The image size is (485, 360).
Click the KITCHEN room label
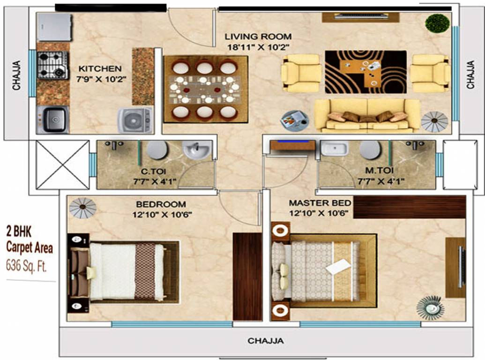pos(100,68)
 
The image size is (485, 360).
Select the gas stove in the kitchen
pos(53,65)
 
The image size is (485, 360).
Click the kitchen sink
pos(52,120)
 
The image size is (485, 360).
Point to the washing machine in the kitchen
pos(135,120)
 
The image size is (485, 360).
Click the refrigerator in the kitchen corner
pos(54,27)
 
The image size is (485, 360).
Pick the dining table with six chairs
pos(205,89)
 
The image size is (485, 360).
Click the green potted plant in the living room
pos(438,22)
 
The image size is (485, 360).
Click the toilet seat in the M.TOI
pos(370,150)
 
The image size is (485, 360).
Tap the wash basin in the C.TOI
pos(197,150)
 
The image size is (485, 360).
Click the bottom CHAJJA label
pos(265,341)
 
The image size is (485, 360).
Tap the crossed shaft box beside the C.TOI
pos(62,164)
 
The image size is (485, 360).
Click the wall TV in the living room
pos(360,17)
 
